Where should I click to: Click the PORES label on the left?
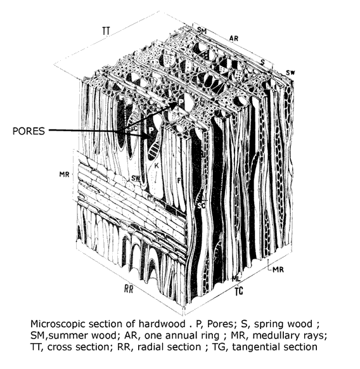click(29, 131)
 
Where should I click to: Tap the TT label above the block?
click(106, 30)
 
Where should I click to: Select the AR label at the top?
click(234, 39)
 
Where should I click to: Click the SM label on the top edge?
click(202, 30)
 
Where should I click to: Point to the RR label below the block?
click(129, 288)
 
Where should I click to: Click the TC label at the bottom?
click(239, 292)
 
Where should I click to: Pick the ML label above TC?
click(236, 279)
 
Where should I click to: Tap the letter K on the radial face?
click(157, 165)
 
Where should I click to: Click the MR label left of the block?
click(64, 174)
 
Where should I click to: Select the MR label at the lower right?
click(278, 269)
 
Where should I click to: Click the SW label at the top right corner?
click(290, 73)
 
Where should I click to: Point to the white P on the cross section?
click(181, 102)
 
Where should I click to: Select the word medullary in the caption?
click(273, 335)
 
